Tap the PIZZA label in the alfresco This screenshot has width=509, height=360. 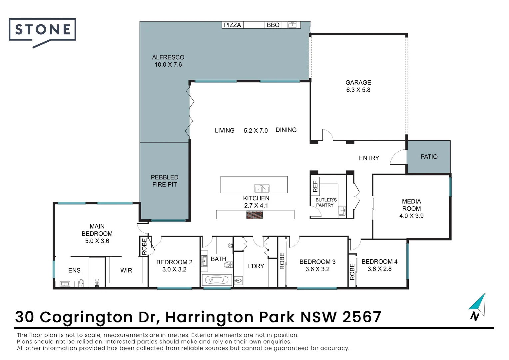(x=232, y=25)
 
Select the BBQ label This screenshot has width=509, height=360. (x=273, y=25)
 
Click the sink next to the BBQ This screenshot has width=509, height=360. (x=292, y=25)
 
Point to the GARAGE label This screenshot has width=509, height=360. (x=358, y=82)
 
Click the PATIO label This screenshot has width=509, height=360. (x=429, y=157)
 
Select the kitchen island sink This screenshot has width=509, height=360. (x=262, y=188)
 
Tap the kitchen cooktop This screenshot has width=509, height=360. (x=254, y=215)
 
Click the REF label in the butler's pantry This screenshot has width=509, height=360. (x=315, y=186)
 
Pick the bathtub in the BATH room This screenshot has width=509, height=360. (x=217, y=280)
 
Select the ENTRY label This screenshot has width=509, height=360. (x=369, y=158)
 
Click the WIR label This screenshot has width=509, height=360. (x=126, y=270)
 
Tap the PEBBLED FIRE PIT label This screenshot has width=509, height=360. (x=165, y=181)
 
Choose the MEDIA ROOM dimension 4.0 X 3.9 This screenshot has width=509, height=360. (x=411, y=216)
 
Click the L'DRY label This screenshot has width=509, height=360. (x=255, y=266)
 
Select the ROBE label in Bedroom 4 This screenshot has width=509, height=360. (x=352, y=272)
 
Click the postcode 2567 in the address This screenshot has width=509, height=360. (x=362, y=317)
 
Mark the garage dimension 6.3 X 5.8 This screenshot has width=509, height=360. (x=358, y=90)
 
